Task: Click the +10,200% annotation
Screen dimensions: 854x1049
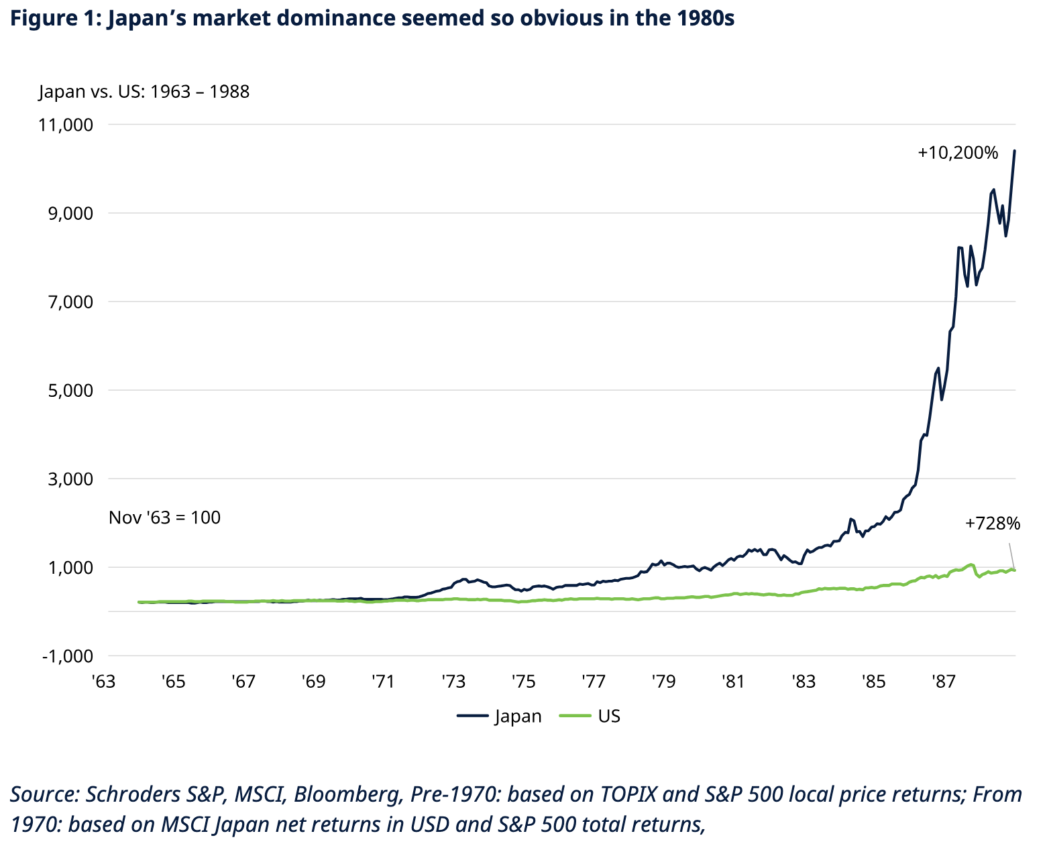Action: coord(958,153)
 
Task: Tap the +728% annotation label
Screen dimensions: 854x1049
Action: coord(993,524)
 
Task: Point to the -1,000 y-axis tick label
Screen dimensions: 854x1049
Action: coord(68,656)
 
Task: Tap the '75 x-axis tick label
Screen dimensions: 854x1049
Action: coord(523,682)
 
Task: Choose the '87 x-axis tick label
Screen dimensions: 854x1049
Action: coord(943,682)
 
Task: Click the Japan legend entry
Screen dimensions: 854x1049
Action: coord(500,716)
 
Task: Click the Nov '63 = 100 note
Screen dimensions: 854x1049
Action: coord(164,517)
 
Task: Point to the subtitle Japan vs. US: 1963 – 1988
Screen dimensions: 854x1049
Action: coord(144,91)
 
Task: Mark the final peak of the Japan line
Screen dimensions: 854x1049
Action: coord(1014,151)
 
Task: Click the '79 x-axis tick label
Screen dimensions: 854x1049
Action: coord(663,682)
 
